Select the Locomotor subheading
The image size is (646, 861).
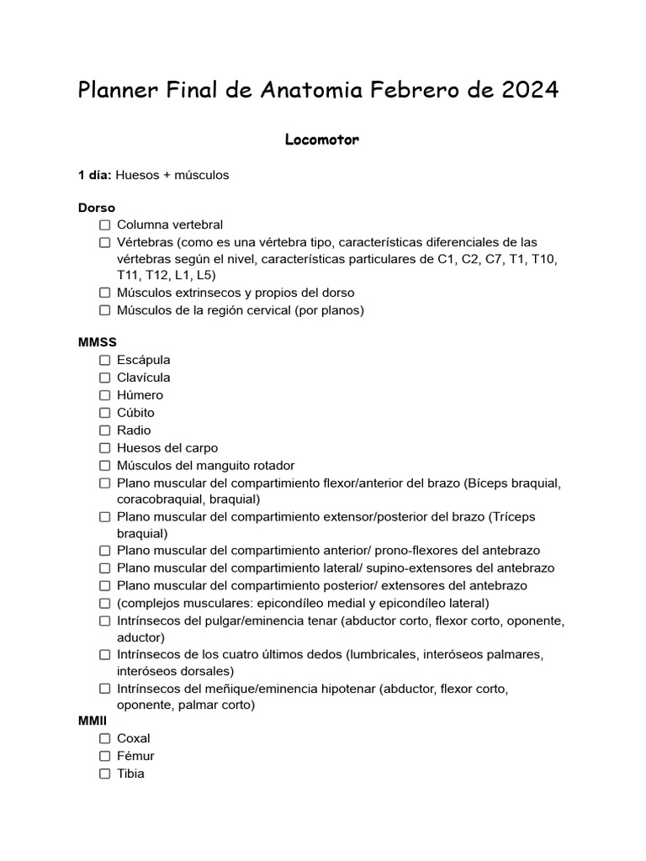coord(322,140)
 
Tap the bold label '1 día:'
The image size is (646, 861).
coord(95,175)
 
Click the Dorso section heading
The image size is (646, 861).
coord(97,208)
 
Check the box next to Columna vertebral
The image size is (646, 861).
coord(104,225)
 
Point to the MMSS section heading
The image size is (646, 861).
coord(98,342)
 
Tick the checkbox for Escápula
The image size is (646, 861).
coord(104,360)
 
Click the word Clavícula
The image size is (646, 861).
coord(144,378)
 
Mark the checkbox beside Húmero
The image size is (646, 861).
coord(104,395)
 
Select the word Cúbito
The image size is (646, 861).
coord(136,413)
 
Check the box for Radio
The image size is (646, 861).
coord(104,430)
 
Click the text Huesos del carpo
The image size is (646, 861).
coord(167,448)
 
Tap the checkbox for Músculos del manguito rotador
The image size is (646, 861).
coord(104,466)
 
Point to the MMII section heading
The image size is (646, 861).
coord(94,721)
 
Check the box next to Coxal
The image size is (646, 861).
coord(104,738)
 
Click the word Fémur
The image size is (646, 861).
coord(135,756)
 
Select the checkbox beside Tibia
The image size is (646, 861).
coord(104,774)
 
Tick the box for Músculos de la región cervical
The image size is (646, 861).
coord(104,310)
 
